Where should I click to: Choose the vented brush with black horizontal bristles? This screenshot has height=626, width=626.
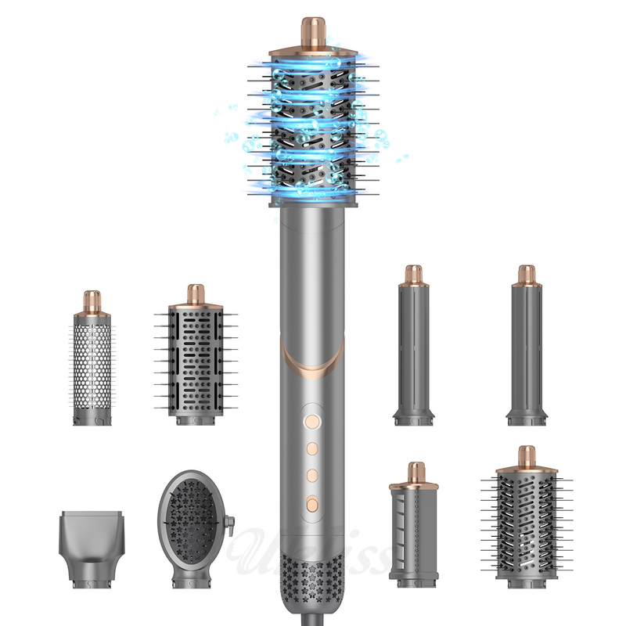[196, 364]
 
